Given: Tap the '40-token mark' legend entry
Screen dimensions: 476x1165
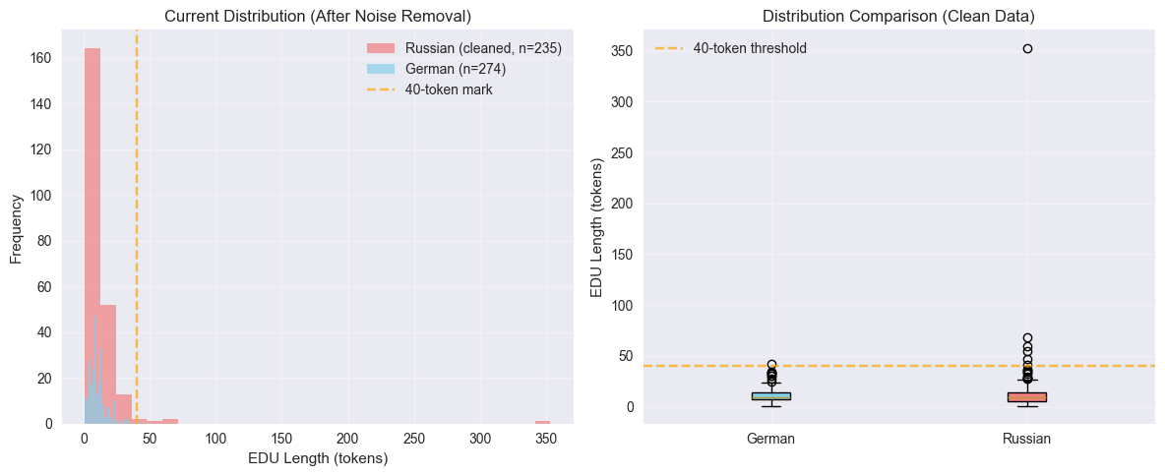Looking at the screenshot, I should (449, 89).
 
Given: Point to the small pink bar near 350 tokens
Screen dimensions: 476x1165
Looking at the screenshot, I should (542, 422).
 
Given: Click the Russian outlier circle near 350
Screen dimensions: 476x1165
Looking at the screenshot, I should (1027, 48).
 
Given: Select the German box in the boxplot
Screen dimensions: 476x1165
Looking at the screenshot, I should (771, 396).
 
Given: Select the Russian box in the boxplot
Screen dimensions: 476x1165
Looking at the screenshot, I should (1027, 396).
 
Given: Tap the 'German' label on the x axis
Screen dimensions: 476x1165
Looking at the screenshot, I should (771, 440).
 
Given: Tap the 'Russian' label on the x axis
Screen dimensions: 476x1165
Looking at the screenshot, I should (1027, 440).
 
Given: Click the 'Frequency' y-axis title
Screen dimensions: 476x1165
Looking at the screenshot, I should (17, 228).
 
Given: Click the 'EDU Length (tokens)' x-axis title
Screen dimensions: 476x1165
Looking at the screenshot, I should (317, 458).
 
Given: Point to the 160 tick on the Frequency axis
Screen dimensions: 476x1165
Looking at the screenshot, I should (43, 58).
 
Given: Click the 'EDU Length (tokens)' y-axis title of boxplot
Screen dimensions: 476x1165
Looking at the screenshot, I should (597, 228).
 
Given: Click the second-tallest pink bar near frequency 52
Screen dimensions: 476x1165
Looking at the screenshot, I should (108, 364).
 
